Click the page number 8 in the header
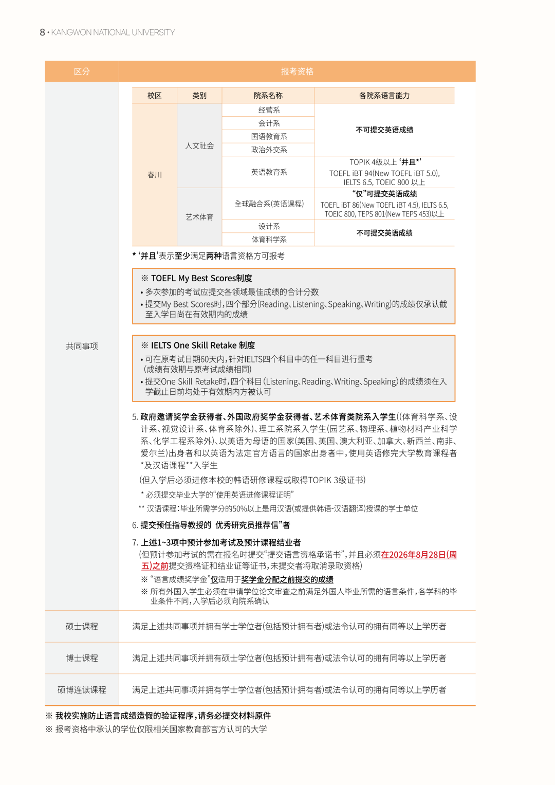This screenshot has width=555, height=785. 42,32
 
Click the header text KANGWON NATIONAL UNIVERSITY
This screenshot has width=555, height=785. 113,32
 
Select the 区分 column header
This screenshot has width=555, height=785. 82,71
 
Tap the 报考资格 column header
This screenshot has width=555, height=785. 297,71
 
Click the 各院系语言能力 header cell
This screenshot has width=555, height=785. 384,96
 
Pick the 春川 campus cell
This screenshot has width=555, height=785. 155,175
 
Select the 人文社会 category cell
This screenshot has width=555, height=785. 199,146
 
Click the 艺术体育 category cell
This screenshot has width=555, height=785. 199,217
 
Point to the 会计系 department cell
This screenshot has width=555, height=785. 269,123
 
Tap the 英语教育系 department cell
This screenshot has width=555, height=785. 269,172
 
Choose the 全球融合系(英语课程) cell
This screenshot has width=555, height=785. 269,204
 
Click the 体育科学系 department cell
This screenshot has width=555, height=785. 269,240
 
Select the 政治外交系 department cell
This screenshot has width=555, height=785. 269,150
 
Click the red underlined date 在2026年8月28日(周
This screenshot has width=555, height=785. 419,555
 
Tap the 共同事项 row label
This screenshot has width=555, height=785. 82,346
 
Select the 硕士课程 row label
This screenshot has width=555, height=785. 82,627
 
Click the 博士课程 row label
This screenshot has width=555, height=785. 82,658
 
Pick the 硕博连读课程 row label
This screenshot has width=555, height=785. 82,690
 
